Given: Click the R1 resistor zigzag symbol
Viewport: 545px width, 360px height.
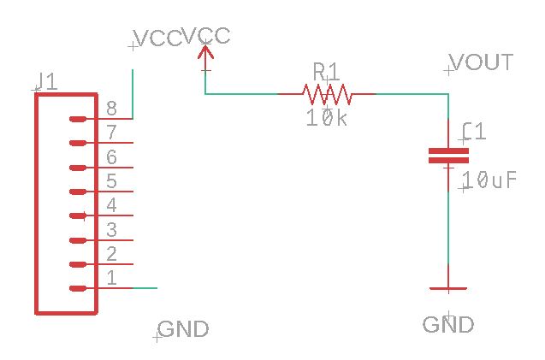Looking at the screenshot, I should (325, 92).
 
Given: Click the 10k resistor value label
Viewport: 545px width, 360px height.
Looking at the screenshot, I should (327, 119).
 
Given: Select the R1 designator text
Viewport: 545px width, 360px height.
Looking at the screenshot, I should (327, 69).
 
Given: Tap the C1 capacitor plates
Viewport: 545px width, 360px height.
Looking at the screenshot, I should (448, 155).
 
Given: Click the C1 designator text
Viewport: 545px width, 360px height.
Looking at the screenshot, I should (474, 132).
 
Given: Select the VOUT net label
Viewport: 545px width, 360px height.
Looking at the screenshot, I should (482, 62).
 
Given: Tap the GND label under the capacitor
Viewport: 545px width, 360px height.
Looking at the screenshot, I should (448, 325).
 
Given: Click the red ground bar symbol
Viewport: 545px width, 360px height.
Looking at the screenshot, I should (448, 289).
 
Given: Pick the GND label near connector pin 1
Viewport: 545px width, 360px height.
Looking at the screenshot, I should (183, 329).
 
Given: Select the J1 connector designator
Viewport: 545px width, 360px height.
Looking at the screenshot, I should (46, 81).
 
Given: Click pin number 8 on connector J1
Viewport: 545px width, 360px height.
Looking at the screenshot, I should (111, 109).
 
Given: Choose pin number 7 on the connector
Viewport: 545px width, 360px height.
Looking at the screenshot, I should (111, 133).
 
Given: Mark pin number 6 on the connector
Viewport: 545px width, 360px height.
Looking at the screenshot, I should (111, 157).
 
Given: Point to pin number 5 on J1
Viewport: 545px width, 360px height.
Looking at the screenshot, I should (111, 181).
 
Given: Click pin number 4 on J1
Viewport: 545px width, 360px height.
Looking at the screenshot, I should (111, 205).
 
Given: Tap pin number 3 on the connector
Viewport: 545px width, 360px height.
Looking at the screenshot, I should (111, 229).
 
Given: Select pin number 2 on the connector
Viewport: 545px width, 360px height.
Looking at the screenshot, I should (111, 254).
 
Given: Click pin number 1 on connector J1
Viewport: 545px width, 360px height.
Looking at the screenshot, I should (111, 278).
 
